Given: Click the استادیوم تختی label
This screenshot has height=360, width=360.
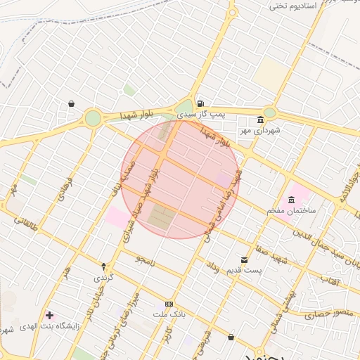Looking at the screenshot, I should tap(308, 6).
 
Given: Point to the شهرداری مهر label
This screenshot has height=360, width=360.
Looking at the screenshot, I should tap(258, 130).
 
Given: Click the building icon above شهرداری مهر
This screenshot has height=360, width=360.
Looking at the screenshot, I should tap(261, 119).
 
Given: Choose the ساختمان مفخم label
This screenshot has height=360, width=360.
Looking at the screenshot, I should tap(292, 210).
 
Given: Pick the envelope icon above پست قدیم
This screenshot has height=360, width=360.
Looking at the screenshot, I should tap(245, 259).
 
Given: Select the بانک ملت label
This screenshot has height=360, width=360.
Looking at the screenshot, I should tap(169, 314).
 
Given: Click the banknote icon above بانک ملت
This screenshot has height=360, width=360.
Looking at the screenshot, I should tap(168, 303).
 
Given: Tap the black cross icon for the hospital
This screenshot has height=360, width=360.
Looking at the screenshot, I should tap(49, 314).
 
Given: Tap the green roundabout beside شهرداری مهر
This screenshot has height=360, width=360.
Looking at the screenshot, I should tap(270, 113).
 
